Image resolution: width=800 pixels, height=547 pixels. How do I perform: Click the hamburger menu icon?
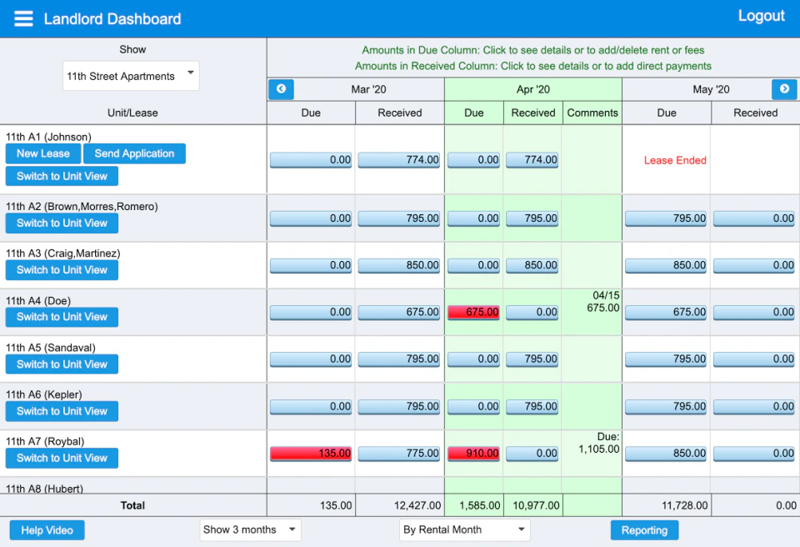coord(23,18)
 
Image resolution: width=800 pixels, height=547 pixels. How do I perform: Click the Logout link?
coord(761,16)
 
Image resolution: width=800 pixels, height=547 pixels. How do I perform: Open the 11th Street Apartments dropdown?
coord(131,76)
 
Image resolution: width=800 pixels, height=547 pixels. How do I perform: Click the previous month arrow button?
coord(281,89)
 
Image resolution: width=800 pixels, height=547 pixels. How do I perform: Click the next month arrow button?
coord(784,89)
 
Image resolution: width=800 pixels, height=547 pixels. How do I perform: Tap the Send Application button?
coord(134,153)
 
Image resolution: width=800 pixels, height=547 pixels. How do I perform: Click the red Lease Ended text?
coord(675,160)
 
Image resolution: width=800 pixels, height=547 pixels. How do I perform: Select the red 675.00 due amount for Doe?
coord(473,312)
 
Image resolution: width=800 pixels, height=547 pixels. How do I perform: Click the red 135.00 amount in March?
coord(311,454)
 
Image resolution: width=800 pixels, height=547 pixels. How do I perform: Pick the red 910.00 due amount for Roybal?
coord(473,454)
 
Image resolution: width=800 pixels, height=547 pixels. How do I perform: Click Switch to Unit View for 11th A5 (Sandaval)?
coord(62,364)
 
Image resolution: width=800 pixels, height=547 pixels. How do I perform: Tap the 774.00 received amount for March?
coord(399,160)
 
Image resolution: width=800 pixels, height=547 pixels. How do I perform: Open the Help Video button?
coord(47,530)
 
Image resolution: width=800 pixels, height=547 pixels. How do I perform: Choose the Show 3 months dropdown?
coord(250,529)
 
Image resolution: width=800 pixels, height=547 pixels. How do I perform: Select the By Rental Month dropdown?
coord(464,529)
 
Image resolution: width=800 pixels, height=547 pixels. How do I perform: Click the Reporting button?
coord(644,530)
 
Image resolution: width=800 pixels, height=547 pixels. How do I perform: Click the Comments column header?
coord(592,113)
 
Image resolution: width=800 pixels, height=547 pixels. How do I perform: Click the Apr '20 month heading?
coord(532,89)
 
